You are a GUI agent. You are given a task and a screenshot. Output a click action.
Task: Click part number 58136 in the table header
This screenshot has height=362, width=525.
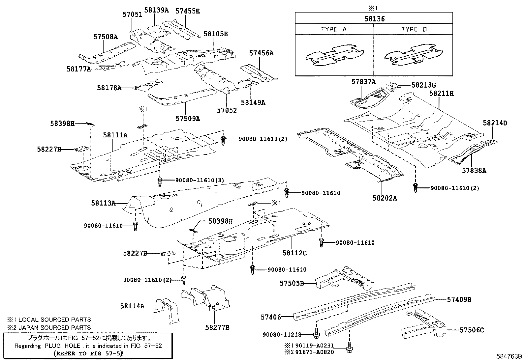tap(374, 19)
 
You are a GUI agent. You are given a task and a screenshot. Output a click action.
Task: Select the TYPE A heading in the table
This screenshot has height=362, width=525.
tap(334, 29)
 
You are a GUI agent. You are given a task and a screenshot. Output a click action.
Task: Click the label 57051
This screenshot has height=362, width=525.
tap(132, 14)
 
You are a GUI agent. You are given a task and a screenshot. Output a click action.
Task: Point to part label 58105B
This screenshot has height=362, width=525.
tap(216, 34)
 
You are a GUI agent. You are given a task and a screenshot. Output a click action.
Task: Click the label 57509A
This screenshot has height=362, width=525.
tap(188, 118)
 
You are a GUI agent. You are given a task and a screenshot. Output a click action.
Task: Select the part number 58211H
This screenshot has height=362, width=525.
tap(441, 94)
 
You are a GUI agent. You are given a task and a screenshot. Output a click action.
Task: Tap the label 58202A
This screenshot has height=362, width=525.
tap(385, 198)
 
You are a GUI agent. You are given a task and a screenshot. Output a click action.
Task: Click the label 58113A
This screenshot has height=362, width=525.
tap(103, 204)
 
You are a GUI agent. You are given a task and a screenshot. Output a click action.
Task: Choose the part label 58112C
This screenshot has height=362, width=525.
tap(294, 253)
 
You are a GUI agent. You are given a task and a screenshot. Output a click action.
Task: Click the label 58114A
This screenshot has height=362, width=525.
tap(132, 306)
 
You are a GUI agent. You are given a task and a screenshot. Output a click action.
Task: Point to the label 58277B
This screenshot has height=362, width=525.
tap(217, 327)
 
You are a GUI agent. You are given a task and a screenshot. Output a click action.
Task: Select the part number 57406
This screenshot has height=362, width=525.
tap(271, 317)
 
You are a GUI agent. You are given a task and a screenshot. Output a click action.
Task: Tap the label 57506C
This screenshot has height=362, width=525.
tap(472, 330)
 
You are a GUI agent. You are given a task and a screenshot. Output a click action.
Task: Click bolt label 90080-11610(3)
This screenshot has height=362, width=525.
tap(200, 180)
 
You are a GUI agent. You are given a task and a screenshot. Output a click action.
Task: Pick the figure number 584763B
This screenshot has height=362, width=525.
tap(510, 356)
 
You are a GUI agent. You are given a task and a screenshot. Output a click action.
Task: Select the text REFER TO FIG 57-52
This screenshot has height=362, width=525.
tap(88, 353)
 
